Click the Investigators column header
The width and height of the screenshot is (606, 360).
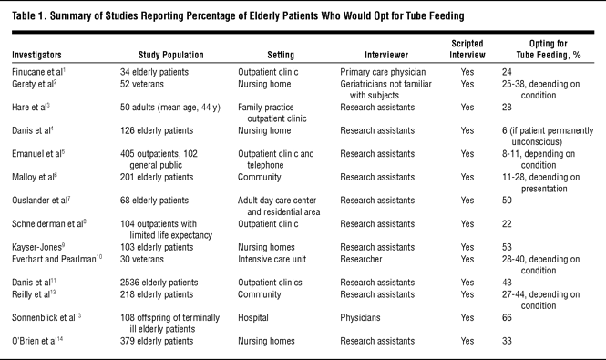pyautogui.click(x=36, y=55)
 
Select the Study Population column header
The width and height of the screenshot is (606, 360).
pyautogui.click(x=170, y=55)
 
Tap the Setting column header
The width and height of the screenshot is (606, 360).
pyautogui.click(x=281, y=55)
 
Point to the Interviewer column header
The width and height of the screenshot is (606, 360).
pyautogui.click(x=386, y=55)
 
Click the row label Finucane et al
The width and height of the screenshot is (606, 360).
pyautogui.click(x=38, y=72)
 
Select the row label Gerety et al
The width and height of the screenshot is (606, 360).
pyautogui.click(x=35, y=84)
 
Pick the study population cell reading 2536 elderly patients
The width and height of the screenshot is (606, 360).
pyautogui.click(x=159, y=283)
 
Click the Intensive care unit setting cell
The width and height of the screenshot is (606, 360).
pyautogui.click(x=272, y=259)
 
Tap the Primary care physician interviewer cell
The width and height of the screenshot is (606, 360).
pyautogui.click(x=383, y=72)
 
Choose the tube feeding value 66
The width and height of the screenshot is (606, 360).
pyautogui.click(x=507, y=317)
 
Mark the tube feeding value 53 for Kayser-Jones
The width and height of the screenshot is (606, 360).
pyautogui.click(x=507, y=247)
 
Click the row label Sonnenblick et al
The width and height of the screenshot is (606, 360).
pyautogui.click(x=46, y=317)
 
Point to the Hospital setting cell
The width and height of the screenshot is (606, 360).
pyautogui.click(x=253, y=317)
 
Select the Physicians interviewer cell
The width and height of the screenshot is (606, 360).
pyautogui.click(x=360, y=317)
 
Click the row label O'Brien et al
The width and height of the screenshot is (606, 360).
pyautogui.click(x=37, y=341)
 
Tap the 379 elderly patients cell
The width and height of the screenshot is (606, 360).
pyautogui.click(x=157, y=341)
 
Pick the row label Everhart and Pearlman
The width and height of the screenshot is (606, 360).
pyautogui.click(x=56, y=259)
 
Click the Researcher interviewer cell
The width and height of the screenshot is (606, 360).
pyautogui.click(x=361, y=259)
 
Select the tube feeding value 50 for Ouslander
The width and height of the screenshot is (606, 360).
pyautogui.click(x=507, y=201)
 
